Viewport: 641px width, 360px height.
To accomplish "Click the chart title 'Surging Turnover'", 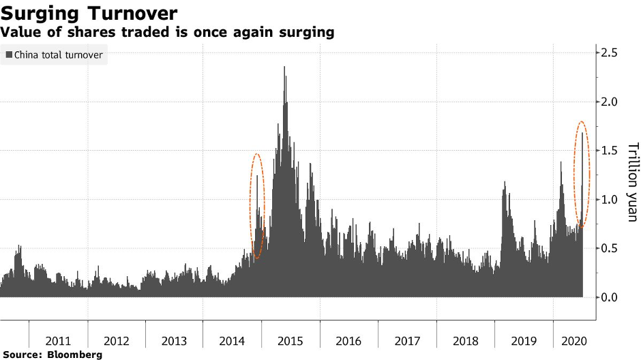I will (x=90, y=14).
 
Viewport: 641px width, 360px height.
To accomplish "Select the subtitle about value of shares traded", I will (x=168, y=32).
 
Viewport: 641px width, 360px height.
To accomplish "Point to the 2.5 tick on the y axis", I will (x=610, y=52).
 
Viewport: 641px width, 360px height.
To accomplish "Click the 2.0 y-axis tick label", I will (x=610, y=102).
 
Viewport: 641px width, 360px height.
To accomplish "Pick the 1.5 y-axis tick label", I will (x=610, y=150).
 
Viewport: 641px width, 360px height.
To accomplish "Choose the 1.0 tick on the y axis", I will (x=610, y=199).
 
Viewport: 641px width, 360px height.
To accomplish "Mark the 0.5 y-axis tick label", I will (x=610, y=248).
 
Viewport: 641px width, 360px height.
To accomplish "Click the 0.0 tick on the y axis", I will (x=610, y=297).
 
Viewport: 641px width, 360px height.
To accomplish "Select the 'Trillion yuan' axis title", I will (x=631, y=182).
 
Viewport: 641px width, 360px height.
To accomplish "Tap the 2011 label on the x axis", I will (x=59, y=341).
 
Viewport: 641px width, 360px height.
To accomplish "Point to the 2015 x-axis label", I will (x=290, y=341).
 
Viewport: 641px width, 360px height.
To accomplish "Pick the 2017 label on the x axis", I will (x=407, y=341).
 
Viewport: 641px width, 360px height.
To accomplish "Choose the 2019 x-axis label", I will (x=523, y=341).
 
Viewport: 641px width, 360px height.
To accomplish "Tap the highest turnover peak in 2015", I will (x=284, y=67).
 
